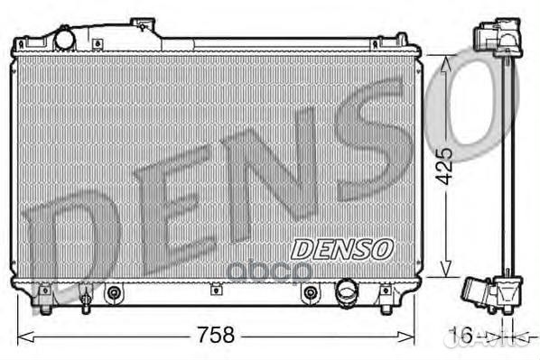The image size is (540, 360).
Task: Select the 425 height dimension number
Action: click(x=442, y=166)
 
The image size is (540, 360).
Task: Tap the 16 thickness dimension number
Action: click(x=461, y=336)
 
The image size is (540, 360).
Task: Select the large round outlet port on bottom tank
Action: click(x=347, y=291)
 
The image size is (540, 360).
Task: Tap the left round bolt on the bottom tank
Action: click(x=114, y=292)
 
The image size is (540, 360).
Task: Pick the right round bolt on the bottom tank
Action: click(x=310, y=292)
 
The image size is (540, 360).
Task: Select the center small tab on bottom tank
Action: click(x=215, y=290)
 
